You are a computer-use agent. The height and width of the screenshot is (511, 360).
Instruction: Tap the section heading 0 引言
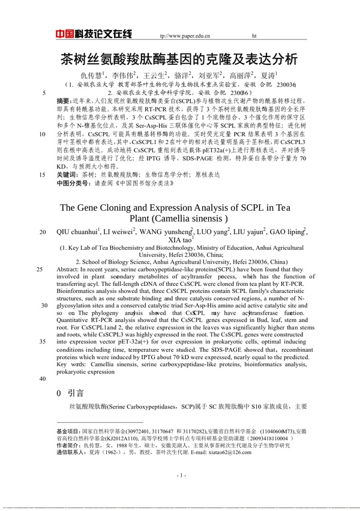tap(70, 393)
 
